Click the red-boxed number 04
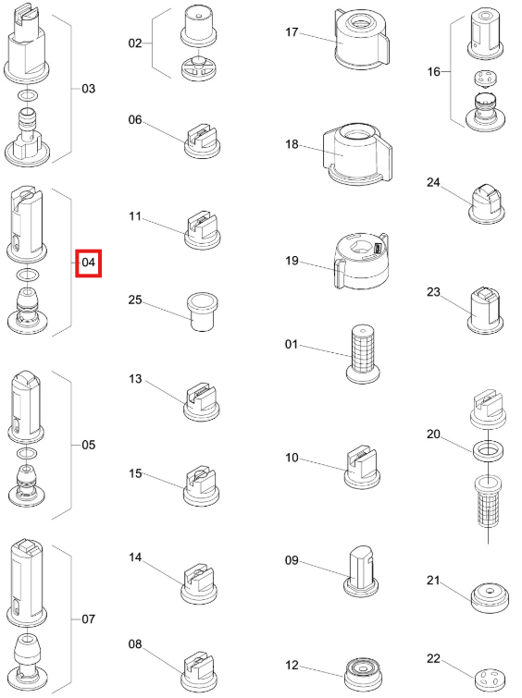(88, 263)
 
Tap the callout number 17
(292, 32)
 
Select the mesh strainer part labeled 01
(363, 353)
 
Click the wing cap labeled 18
(358, 154)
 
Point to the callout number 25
(135, 300)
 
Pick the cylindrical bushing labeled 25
(202, 312)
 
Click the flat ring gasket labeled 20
(488, 450)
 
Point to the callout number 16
(433, 72)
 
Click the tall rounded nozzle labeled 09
(362, 571)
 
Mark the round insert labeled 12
(363, 673)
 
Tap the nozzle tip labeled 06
(203, 141)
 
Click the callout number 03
(88, 89)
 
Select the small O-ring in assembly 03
(27, 95)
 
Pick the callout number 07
(88, 619)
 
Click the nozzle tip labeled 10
(362, 468)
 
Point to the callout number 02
(135, 43)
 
